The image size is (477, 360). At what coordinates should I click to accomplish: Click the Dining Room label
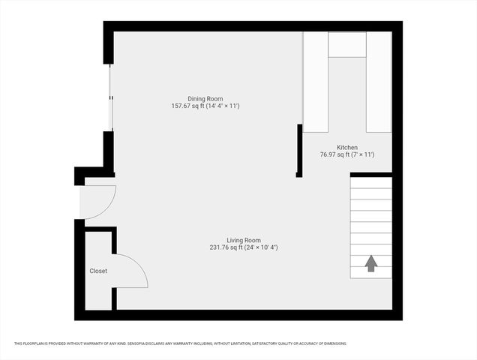205,98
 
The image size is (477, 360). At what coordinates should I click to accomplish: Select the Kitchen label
346,148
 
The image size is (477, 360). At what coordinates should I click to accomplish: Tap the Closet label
98,271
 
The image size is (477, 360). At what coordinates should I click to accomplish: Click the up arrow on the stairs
370,263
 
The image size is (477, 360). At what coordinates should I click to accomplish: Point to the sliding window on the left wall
110,97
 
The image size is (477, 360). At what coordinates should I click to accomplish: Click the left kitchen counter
316,82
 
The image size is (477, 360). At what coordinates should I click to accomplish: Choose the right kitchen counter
378,82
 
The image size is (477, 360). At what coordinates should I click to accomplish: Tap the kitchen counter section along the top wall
346,44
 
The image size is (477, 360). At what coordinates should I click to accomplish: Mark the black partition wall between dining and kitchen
299,150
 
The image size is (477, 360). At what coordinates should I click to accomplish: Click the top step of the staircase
370,182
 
